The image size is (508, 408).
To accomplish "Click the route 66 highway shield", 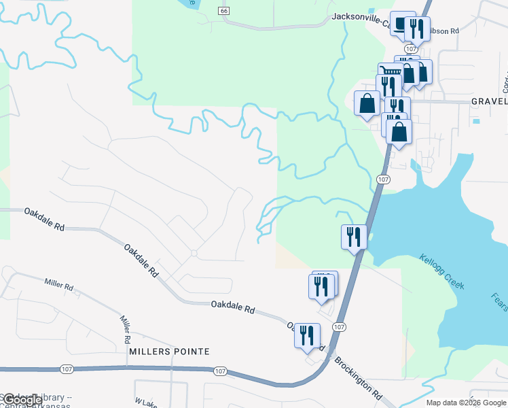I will pyautogui.click(x=224, y=11).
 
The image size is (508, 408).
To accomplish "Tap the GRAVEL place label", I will pyautogui.click(x=489, y=101).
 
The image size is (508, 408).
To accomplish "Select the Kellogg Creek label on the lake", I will pyautogui.click(x=442, y=271).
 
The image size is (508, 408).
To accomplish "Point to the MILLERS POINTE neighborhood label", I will pyautogui.click(x=168, y=352).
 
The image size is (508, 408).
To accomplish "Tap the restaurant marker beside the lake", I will pyautogui.click(x=354, y=237).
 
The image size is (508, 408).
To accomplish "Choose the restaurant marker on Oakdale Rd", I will pyautogui.click(x=307, y=335).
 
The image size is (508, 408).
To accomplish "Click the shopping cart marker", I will pyautogui.click(x=389, y=73).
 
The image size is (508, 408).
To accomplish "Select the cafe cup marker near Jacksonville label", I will pyautogui.click(x=401, y=25).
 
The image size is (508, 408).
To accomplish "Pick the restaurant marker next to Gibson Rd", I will pyautogui.click(x=417, y=29).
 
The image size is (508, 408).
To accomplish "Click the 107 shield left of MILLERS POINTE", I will pyautogui.click(x=67, y=369).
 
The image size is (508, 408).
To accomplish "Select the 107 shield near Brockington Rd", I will pyautogui.click(x=340, y=327).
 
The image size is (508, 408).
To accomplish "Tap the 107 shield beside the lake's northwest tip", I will pyautogui.click(x=384, y=179).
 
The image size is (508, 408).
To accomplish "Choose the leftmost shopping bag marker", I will pyautogui.click(x=367, y=103).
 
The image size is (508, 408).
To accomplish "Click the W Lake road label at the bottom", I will pyautogui.click(x=145, y=403).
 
